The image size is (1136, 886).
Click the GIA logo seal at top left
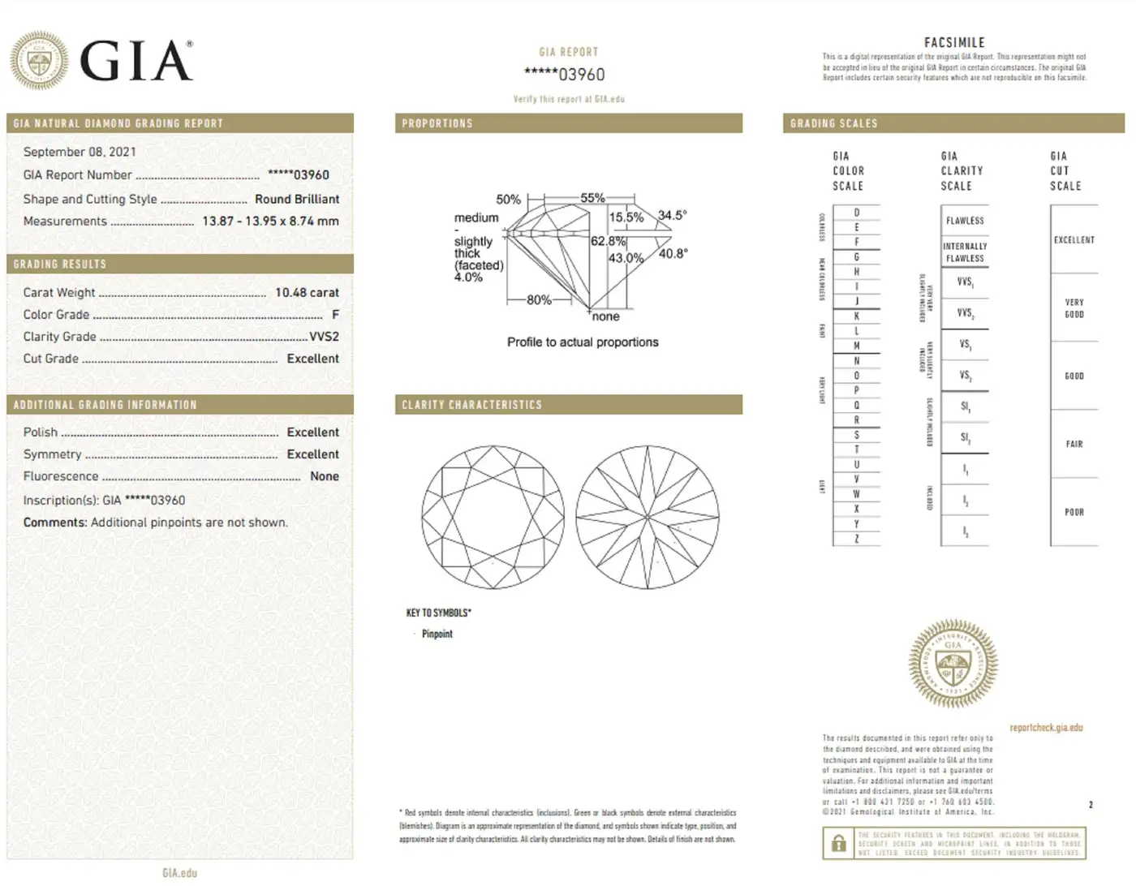click(x=39, y=61)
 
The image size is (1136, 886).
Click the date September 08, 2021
click(x=80, y=152)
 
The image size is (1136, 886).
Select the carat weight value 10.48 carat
click(x=307, y=292)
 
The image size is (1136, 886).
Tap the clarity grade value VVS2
click(x=324, y=336)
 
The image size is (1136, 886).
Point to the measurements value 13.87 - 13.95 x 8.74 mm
click(x=270, y=221)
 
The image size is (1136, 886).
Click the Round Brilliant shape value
click(x=297, y=199)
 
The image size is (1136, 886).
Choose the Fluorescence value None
click(x=325, y=476)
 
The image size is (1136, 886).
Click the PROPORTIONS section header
click(x=437, y=123)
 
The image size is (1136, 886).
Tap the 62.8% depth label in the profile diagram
click(x=608, y=241)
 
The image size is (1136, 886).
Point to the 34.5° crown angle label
click(x=672, y=215)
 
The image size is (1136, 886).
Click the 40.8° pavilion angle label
click(x=673, y=253)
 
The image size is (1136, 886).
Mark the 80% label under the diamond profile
click(x=539, y=299)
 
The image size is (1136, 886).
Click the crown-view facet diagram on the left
click(x=493, y=517)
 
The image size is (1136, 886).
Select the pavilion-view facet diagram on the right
click(x=648, y=517)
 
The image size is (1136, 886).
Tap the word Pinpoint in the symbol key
click(x=437, y=634)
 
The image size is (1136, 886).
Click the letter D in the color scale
click(x=856, y=213)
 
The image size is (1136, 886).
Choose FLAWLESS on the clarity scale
click(x=965, y=220)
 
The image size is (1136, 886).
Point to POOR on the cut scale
click(x=1074, y=512)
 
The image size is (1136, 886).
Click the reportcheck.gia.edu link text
click(x=1046, y=727)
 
